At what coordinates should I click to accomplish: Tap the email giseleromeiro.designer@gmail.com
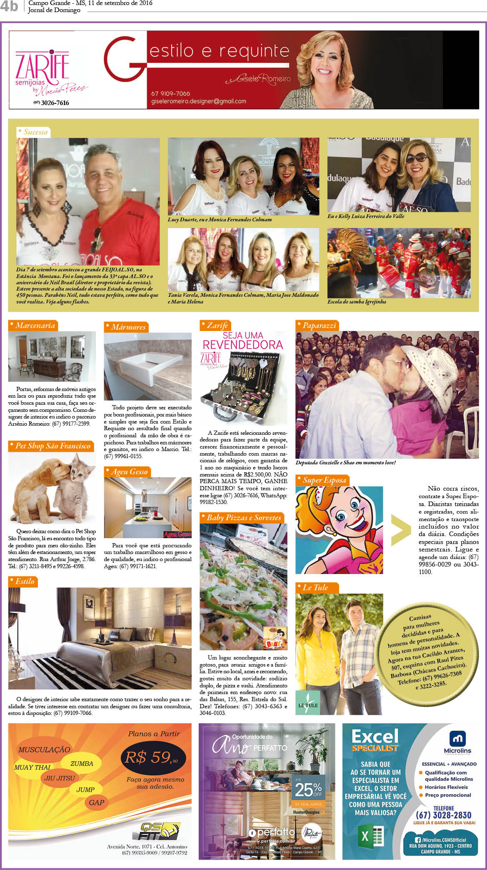pyautogui.click(x=199, y=101)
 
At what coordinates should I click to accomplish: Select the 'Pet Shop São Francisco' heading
pyautogui.click(x=52, y=446)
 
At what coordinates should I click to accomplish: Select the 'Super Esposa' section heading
pyautogui.click(x=324, y=480)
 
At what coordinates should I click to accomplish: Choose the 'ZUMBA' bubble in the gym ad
pyautogui.click(x=82, y=764)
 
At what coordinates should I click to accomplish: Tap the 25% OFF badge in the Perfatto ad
pyautogui.click(x=308, y=788)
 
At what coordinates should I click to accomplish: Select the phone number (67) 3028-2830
pyautogui.click(x=443, y=815)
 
